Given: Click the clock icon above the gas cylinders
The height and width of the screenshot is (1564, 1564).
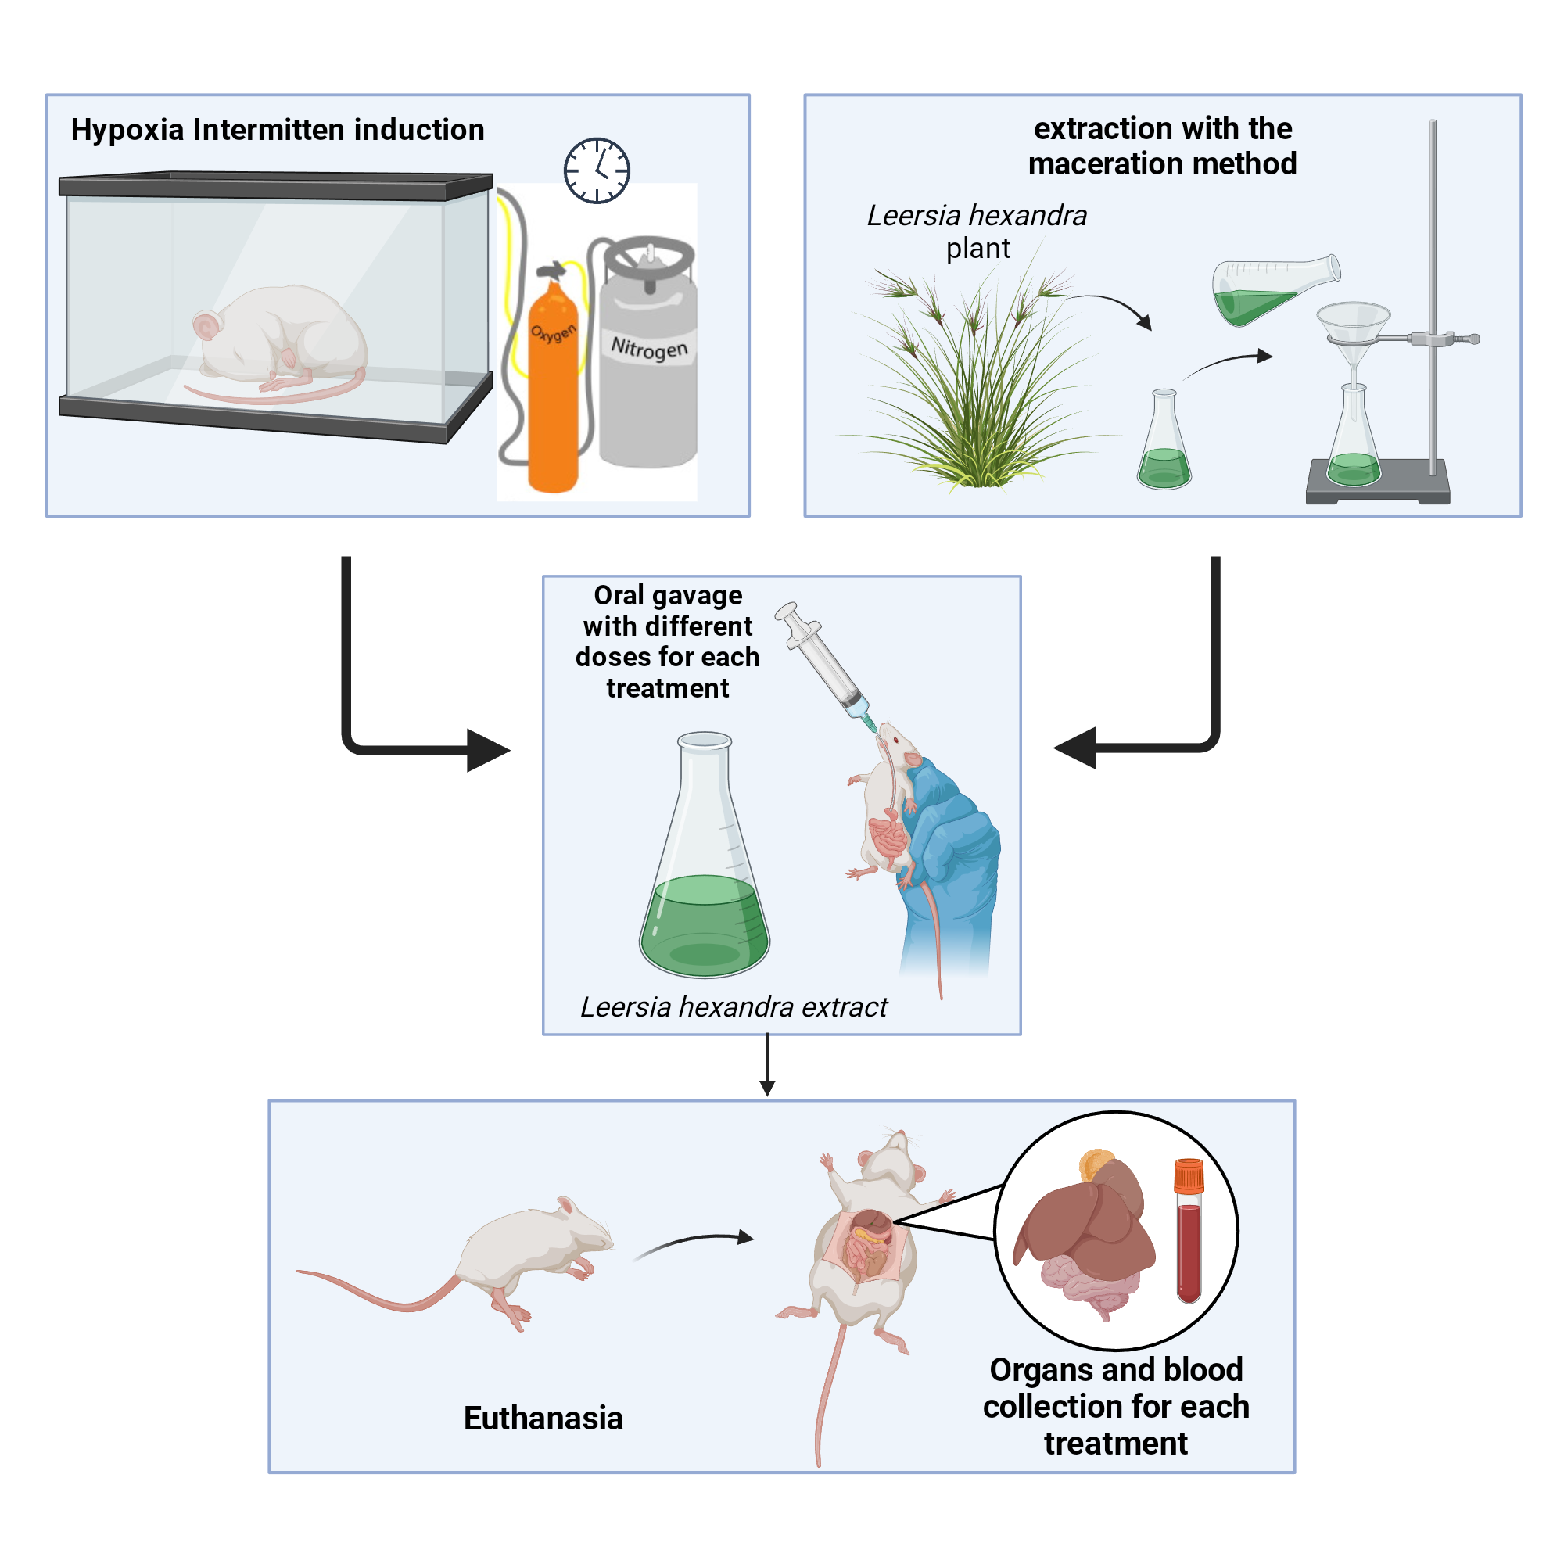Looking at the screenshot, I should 597,170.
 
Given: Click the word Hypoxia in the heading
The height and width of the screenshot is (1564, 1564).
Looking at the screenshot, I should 127,131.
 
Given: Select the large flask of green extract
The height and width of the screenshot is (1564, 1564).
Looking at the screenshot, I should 705,874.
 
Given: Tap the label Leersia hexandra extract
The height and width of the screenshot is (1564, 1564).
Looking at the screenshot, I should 734,1007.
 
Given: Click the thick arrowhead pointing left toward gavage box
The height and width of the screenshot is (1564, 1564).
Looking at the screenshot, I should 1076,747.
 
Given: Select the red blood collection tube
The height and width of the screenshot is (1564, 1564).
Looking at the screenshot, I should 1189,1230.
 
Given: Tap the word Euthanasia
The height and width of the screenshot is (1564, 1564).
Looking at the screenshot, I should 543,1419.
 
